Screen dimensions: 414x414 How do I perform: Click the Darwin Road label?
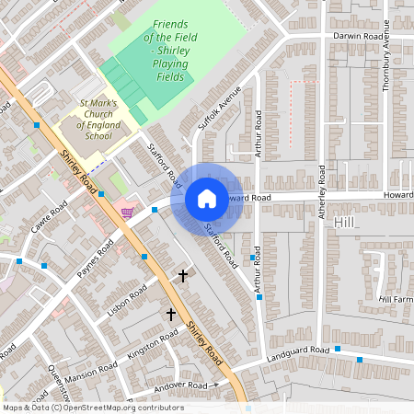pyautogui.click(x=358, y=37)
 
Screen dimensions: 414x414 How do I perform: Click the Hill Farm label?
pyautogui.click(x=397, y=300)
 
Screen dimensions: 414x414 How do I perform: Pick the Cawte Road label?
pyautogui.click(x=49, y=218)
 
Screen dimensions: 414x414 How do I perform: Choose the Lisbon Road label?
pyautogui.click(x=127, y=301)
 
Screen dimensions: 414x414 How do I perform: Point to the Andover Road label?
pyautogui.click(x=183, y=385)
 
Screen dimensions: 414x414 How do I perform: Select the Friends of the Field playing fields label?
pyautogui.click(x=170, y=51)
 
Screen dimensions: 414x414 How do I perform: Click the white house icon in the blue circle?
pyautogui.click(x=207, y=199)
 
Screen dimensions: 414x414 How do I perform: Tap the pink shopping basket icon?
pyautogui.click(x=127, y=213)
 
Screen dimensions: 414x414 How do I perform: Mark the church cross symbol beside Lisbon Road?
pyautogui.click(x=182, y=275)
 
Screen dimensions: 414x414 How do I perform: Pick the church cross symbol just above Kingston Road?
pyautogui.click(x=170, y=315)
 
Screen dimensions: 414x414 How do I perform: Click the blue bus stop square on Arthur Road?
pyautogui.click(x=252, y=259)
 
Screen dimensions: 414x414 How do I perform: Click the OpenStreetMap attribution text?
pyautogui.click(x=92, y=408)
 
